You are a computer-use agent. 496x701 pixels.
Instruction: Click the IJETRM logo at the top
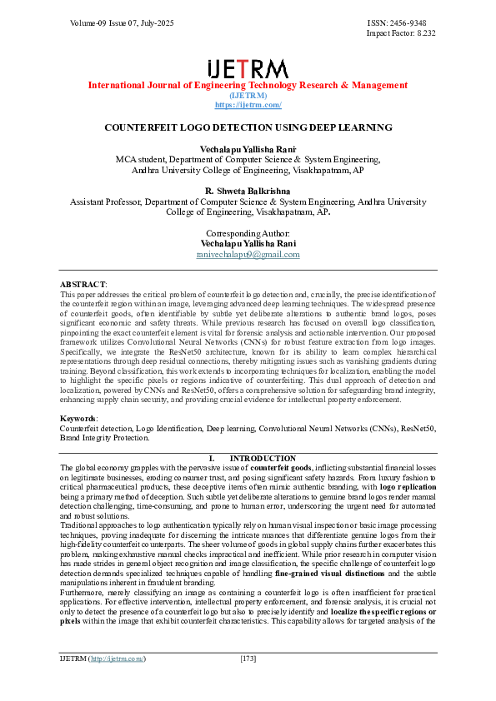(248, 68)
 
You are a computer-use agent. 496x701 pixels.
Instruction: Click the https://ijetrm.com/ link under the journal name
(248, 105)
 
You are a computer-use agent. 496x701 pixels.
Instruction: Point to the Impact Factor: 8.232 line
(401, 33)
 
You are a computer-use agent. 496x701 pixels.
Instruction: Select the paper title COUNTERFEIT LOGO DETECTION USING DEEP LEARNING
(248, 127)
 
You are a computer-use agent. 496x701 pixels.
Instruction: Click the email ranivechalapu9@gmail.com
(248, 254)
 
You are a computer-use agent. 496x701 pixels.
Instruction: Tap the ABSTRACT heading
(83, 284)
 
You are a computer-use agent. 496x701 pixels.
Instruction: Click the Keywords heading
(78, 418)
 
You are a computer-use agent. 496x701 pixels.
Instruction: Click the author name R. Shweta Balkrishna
(248, 191)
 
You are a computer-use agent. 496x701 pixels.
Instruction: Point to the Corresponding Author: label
(248, 233)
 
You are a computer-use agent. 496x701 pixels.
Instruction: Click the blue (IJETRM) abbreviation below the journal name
(248, 95)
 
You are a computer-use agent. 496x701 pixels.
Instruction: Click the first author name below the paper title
(248, 147)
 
